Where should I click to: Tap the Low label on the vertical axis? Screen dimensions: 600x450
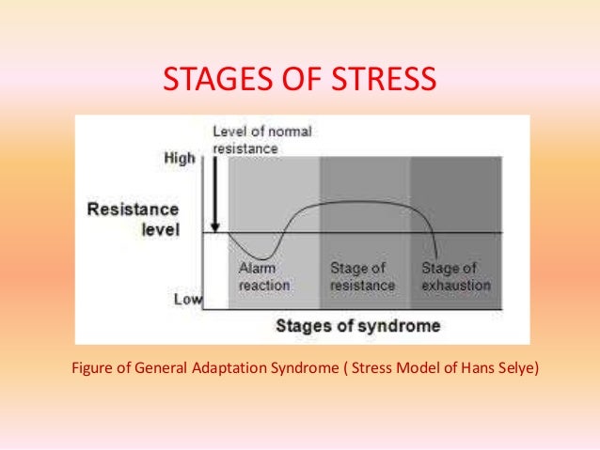point(187,300)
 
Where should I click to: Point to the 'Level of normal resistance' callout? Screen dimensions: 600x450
point(262,140)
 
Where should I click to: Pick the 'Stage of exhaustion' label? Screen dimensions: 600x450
point(456,276)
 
